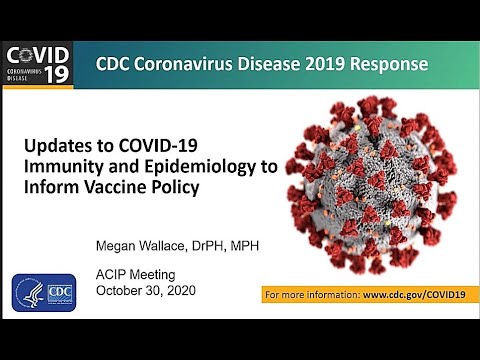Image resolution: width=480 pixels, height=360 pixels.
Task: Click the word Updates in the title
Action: [57, 146]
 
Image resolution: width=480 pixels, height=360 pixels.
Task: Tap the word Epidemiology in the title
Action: [198, 168]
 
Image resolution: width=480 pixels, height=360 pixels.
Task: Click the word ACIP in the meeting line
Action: [112, 275]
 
